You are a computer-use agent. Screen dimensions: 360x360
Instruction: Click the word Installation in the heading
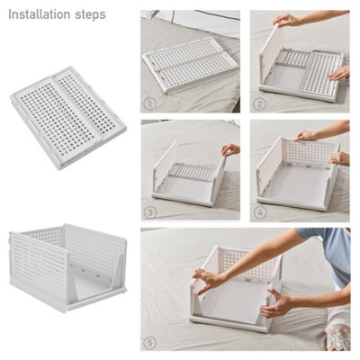tap(40, 15)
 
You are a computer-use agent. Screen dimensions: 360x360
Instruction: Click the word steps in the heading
tap(91, 15)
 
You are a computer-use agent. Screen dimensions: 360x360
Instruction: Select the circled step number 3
tap(150, 211)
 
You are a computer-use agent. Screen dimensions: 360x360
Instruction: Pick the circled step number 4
tap(260, 211)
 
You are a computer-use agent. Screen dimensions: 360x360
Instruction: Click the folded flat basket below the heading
tap(67, 117)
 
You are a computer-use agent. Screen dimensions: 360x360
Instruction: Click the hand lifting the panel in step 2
tap(286, 19)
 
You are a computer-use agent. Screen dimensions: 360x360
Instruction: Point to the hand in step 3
tap(230, 150)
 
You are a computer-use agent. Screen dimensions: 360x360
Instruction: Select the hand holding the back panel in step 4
tap(306, 135)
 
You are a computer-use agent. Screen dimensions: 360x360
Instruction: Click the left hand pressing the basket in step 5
tap(209, 281)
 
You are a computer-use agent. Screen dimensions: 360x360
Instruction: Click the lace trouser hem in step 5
tap(337, 337)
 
